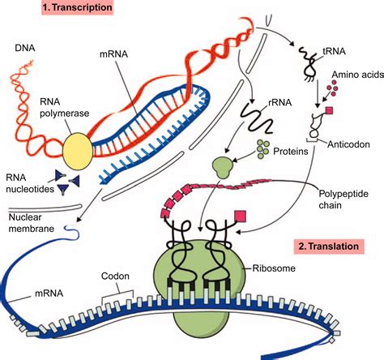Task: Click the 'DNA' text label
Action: [x=25, y=50]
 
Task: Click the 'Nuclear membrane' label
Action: [x=28, y=223]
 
